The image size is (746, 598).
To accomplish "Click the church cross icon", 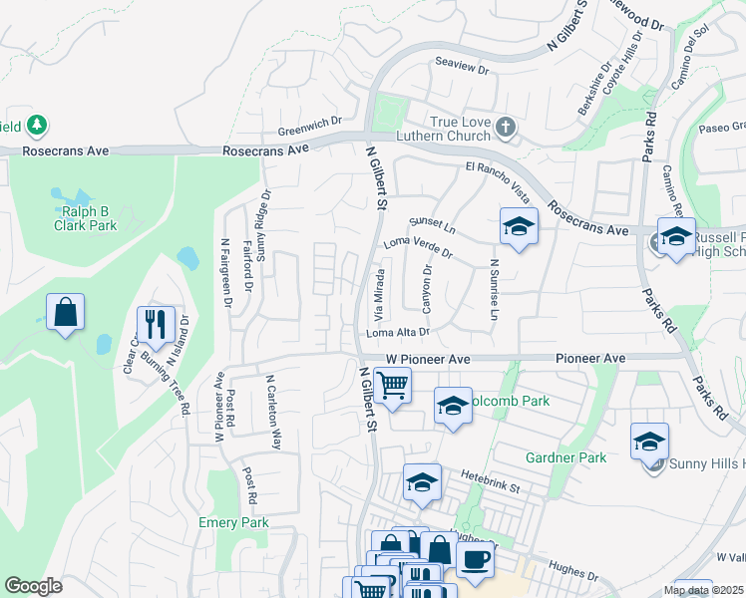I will (507, 127).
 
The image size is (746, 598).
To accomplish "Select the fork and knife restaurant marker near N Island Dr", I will (155, 322).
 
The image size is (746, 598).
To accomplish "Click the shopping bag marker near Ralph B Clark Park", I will (65, 312).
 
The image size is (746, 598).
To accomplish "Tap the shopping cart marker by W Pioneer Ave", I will (393, 384).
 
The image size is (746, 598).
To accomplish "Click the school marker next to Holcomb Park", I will (453, 406).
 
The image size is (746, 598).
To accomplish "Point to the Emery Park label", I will (233, 522).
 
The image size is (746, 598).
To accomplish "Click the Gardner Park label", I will (565, 457).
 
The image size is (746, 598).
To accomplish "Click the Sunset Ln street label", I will (432, 226).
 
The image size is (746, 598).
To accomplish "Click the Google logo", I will (33, 586).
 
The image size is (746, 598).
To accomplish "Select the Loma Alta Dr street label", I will (398, 332).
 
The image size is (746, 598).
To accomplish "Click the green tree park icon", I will (37, 126).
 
